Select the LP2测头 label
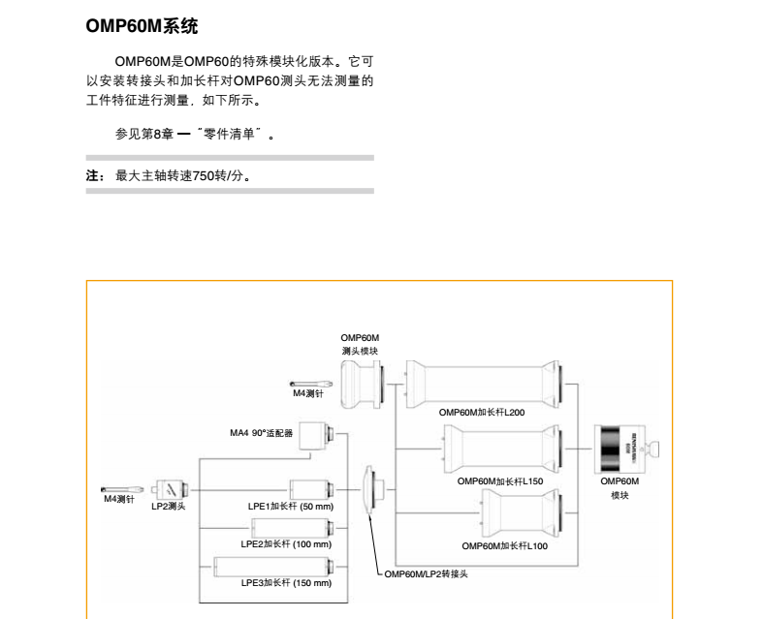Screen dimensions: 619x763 [169, 506]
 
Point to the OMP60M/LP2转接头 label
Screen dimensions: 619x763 [428, 573]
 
